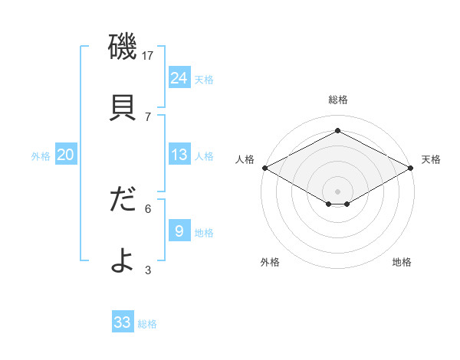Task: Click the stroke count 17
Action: coord(149,56)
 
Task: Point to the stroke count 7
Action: coord(148,116)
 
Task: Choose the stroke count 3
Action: coord(148,269)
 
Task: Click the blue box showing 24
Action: coord(179,77)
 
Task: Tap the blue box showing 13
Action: coord(179,155)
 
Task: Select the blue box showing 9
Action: coord(179,231)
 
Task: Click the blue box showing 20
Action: coord(65,155)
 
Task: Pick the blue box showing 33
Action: coord(123,322)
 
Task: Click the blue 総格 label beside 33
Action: coord(147,324)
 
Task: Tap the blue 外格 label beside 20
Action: coord(41,156)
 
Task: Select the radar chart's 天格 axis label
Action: coord(431,159)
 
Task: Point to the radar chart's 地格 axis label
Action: coord(402,262)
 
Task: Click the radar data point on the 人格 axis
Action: coord(264,168)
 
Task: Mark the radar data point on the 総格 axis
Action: coord(337,131)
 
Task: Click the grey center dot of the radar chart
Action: coord(337,191)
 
